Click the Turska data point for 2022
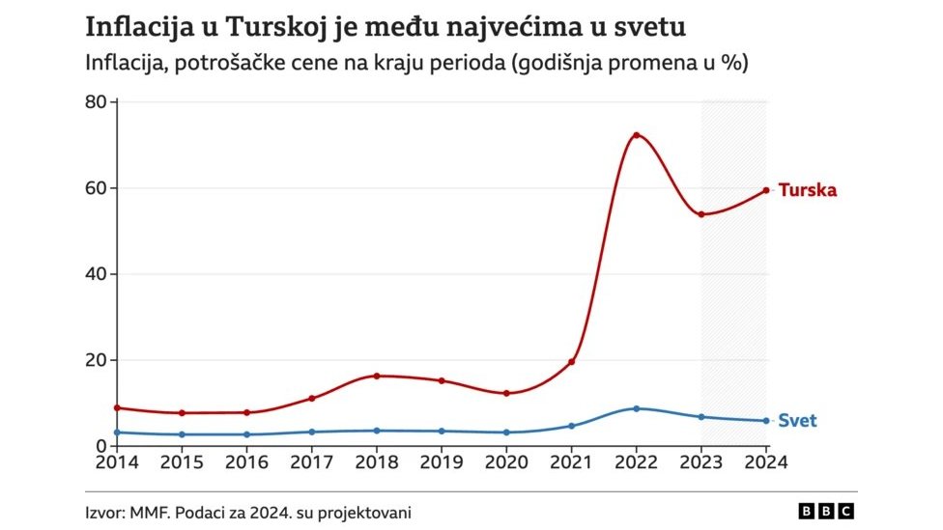(x=637, y=135)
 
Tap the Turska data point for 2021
(x=571, y=362)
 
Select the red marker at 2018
(x=377, y=376)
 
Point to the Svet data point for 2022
(x=637, y=408)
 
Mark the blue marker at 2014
(x=117, y=432)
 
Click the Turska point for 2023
(x=701, y=214)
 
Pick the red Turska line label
(x=807, y=190)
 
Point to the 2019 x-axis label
(x=442, y=461)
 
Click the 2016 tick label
(x=246, y=461)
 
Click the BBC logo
(x=826, y=511)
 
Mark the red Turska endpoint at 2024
(x=766, y=190)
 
